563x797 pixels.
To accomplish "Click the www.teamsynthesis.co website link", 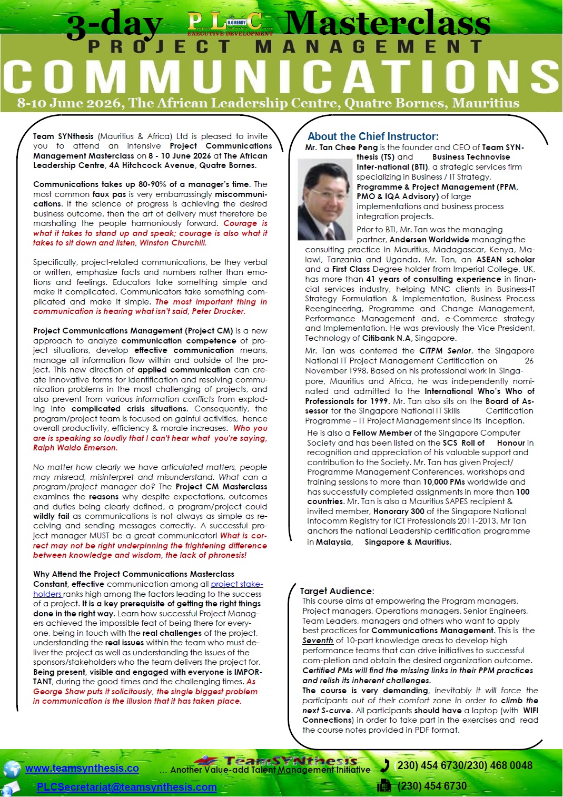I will point(82,768).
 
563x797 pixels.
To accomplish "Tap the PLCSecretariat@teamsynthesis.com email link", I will point(126,787).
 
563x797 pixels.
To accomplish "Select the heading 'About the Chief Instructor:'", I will point(373,136).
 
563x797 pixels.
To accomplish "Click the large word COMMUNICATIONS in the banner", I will point(281,77).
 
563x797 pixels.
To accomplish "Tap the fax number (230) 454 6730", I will point(432,786).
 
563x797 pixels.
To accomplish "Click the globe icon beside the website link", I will point(12,769).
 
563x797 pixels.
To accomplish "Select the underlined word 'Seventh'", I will point(318,641).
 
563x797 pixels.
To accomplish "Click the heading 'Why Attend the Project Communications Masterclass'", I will point(134,574).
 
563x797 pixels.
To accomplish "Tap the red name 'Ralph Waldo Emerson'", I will point(75,448).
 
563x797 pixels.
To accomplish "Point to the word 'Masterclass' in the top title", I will point(388,24).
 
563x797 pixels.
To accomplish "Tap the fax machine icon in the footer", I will point(384,786).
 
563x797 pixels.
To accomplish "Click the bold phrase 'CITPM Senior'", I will point(445,351).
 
